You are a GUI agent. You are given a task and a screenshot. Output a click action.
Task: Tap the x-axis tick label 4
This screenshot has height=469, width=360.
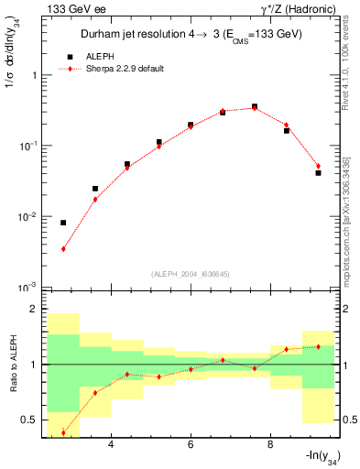click(x=111, y=445)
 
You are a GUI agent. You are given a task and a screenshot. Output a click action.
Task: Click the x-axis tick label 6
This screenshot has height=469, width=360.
click(x=191, y=445)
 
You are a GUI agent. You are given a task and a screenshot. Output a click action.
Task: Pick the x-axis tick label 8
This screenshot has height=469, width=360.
click(x=270, y=445)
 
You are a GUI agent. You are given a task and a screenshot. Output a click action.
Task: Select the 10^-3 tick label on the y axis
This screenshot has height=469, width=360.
click(x=27, y=288)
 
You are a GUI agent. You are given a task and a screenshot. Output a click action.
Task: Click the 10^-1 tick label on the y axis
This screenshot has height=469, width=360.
click(x=27, y=147)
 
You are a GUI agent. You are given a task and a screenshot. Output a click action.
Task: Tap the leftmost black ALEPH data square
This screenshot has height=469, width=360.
click(x=63, y=223)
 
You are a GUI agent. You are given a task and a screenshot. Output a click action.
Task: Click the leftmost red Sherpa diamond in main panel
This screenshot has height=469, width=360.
click(x=63, y=248)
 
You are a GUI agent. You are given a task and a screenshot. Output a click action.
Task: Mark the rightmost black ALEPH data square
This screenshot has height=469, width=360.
click(x=318, y=172)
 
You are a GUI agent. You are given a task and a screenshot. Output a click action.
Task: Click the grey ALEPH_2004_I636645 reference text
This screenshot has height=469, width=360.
click(x=188, y=274)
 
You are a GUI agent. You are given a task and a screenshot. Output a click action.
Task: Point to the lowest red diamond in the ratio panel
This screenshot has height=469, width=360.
click(x=63, y=432)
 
